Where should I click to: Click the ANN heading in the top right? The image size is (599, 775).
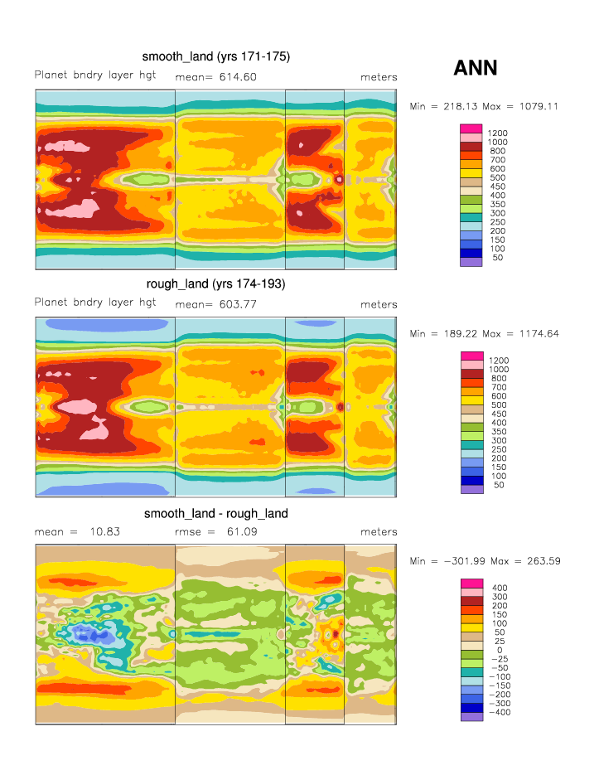coord(476,68)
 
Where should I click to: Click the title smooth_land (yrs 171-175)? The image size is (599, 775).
coord(215,56)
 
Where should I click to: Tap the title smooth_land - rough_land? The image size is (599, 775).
coord(215,514)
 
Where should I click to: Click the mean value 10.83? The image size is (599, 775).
coord(104,532)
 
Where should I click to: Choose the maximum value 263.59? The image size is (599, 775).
coord(542,561)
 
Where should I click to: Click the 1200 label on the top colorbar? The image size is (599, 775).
coord(498,133)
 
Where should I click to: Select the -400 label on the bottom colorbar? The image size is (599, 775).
coord(500,713)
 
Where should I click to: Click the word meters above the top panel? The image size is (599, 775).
coord(379,77)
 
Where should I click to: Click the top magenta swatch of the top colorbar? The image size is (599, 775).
coord(471,128)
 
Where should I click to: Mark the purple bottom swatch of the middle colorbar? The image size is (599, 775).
coord(471,490)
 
